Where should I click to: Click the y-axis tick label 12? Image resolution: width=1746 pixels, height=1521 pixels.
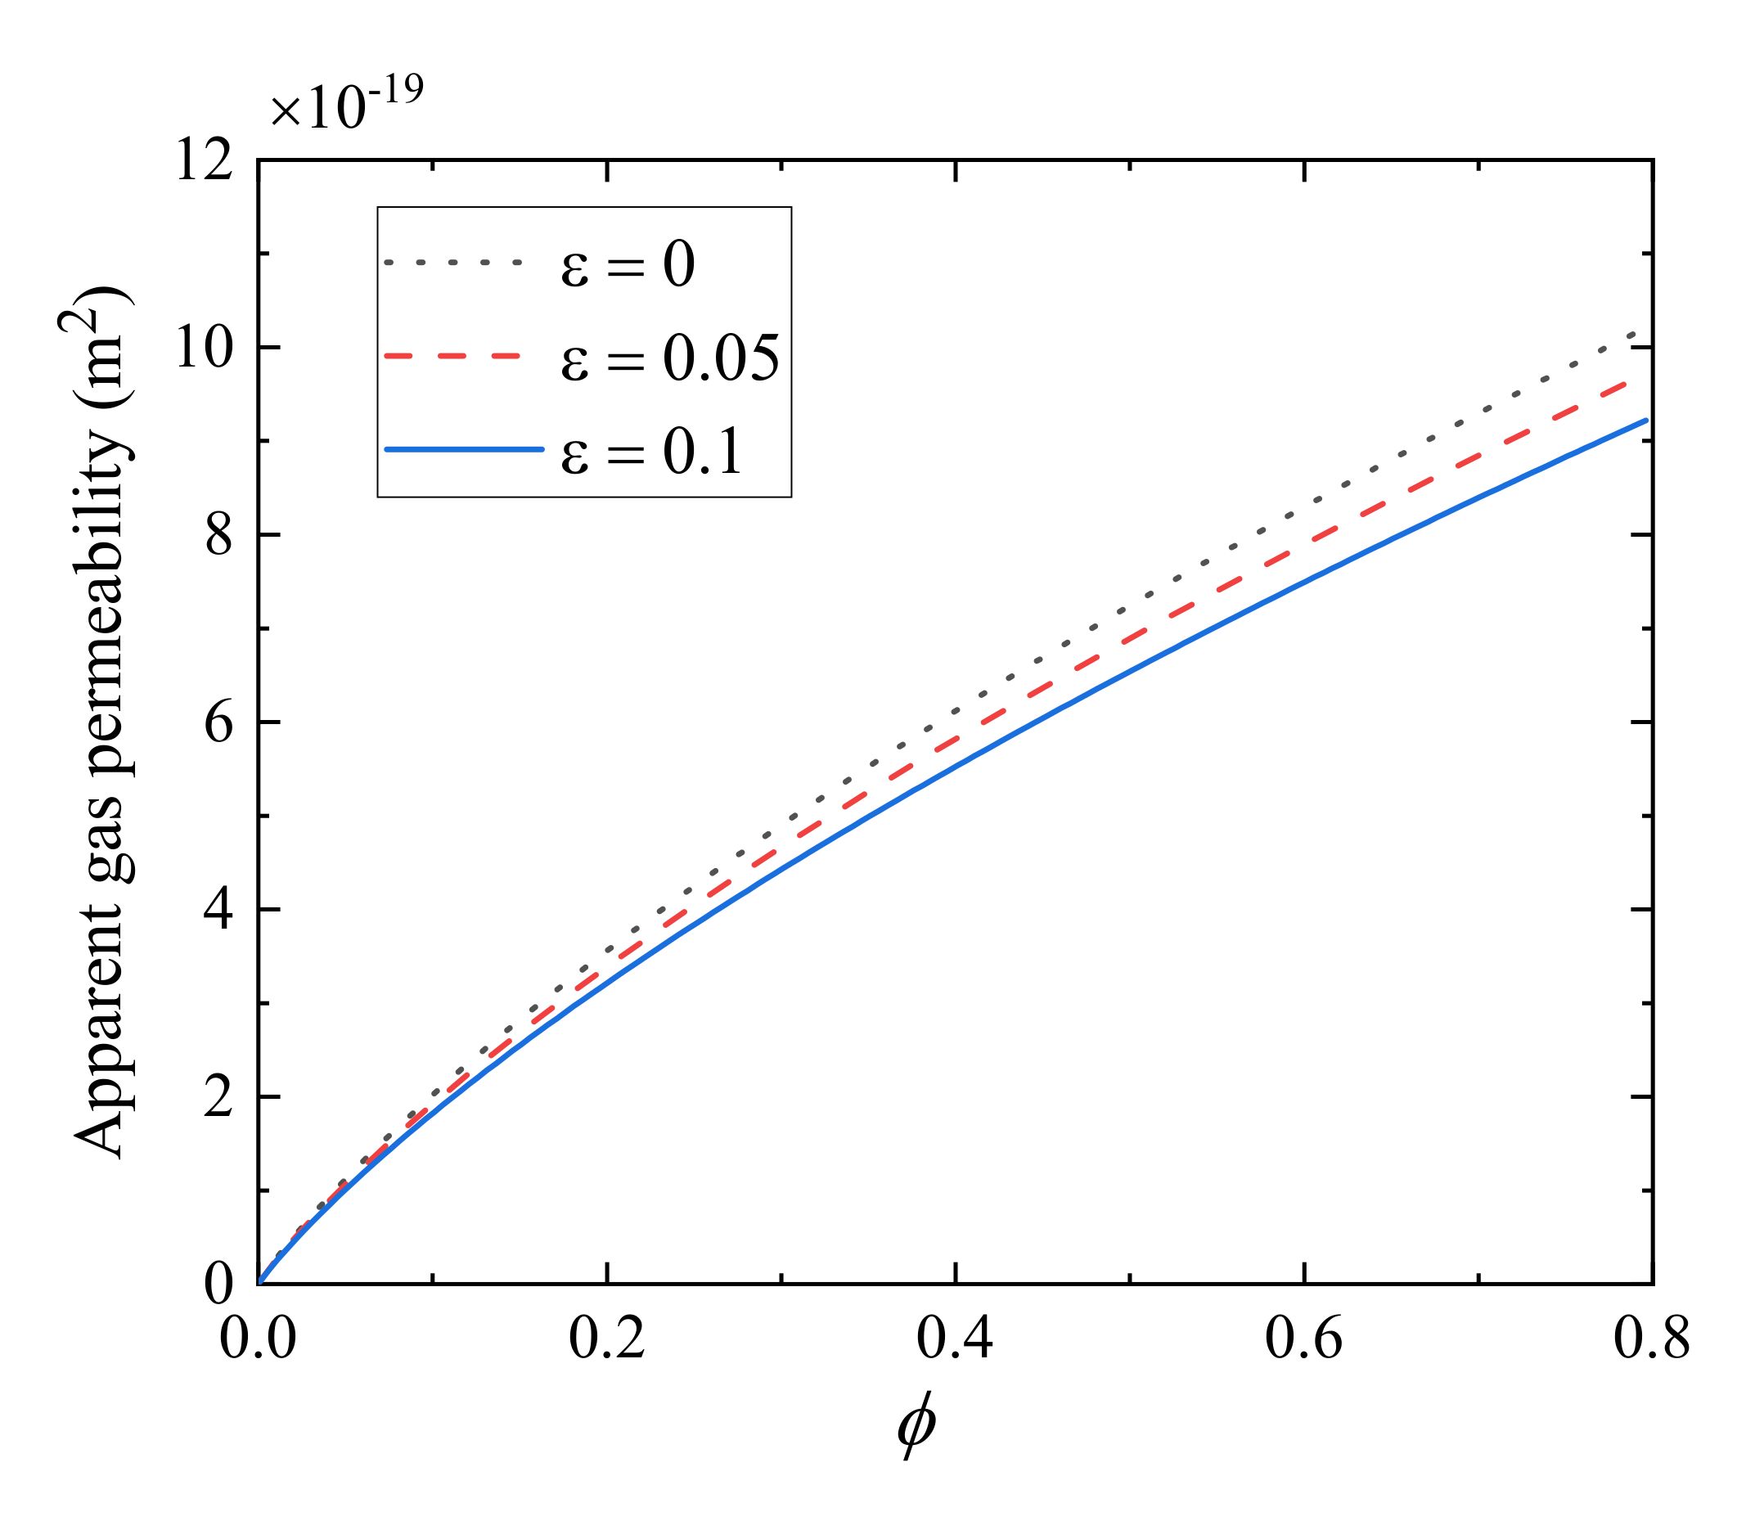pyautogui.click(x=203, y=160)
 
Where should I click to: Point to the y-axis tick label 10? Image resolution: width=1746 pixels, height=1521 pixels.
pyautogui.click(x=203, y=347)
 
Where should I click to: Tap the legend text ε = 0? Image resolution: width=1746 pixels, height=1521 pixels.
pyautogui.click(x=628, y=264)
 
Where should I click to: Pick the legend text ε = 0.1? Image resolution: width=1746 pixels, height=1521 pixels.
pyautogui.click(x=651, y=451)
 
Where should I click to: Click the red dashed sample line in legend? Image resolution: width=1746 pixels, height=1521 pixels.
pyautogui.click(x=452, y=357)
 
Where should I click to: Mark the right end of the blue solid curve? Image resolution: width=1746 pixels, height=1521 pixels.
pyautogui.click(x=1646, y=421)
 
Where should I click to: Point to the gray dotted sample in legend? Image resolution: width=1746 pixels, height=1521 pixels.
pyautogui.click(x=452, y=263)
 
